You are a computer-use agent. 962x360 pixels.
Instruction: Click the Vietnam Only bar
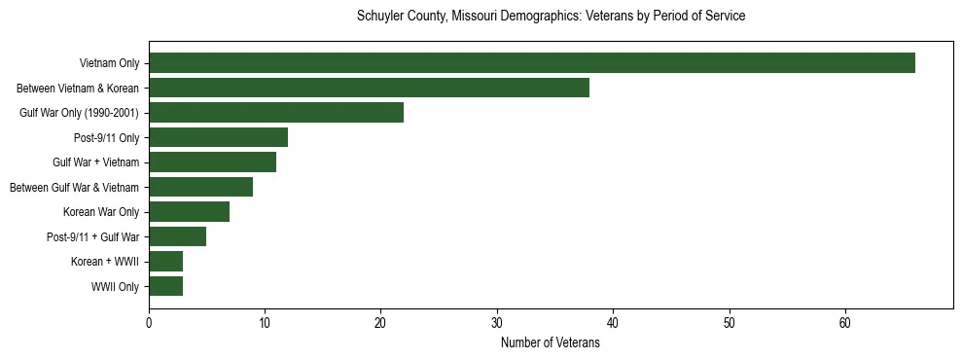click(532, 63)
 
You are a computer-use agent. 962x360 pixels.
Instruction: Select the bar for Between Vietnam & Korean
click(369, 88)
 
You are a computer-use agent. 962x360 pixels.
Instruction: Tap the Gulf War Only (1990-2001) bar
click(276, 113)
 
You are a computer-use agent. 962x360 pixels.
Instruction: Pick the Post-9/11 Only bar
click(218, 137)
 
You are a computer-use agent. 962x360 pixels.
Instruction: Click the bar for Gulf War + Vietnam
click(212, 162)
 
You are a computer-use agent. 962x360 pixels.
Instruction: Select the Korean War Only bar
click(189, 212)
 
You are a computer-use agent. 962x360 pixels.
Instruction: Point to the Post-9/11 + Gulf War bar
click(177, 236)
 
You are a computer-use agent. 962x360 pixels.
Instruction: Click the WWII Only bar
click(165, 286)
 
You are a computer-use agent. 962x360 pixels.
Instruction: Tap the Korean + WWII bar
click(165, 262)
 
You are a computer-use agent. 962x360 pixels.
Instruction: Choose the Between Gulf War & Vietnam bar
click(200, 187)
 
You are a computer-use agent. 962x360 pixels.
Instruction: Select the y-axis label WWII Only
click(115, 287)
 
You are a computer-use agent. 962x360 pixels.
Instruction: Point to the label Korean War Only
click(102, 212)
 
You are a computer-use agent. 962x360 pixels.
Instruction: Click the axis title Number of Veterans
click(550, 343)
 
